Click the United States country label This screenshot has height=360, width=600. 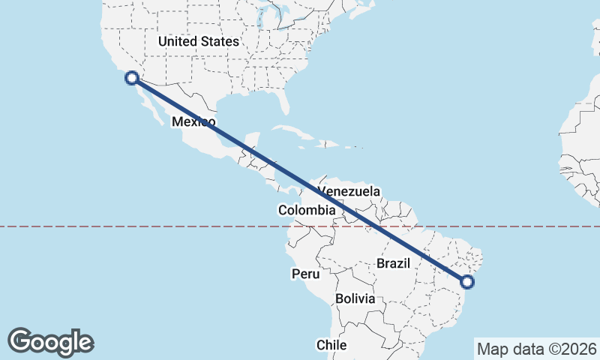(199, 42)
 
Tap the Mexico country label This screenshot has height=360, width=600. (193, 121)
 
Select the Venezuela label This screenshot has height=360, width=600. (349, 191)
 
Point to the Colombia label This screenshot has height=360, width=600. (306, 211)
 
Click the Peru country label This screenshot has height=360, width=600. (306, 274)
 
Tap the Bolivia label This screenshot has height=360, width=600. (355, 298)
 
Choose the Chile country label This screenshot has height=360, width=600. (331, 345)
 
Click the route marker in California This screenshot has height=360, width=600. (132, 77)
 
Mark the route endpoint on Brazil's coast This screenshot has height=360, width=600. (467, 282)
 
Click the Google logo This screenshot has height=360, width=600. (50, 342)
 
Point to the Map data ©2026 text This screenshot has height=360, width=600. (536, 349)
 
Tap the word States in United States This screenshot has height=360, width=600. (220, 42)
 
